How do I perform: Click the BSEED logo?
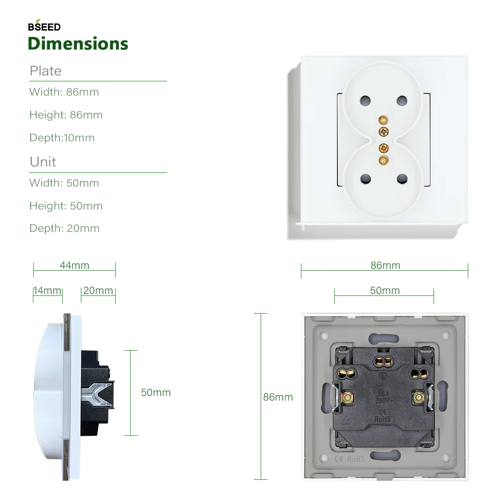coord(44,27)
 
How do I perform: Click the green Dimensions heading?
coord(78,43)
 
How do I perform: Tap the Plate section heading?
coord(45,71)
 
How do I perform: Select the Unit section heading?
coord(43,162)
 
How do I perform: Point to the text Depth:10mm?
coord(62,138)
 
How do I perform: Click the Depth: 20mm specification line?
coord(64,228)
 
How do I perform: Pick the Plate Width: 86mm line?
coord(64,92)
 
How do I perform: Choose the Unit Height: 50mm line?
coord(66,206)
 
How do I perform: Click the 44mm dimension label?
coord(74,265)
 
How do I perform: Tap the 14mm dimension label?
coord(48,290)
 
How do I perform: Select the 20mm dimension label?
coord(98,290)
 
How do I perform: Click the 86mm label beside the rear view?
coord(278,397)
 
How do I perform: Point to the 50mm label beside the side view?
coord(155,392)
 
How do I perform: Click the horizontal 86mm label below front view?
coord(385,265)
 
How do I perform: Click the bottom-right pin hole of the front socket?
coord(402,179)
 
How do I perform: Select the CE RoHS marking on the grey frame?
coord(350,459)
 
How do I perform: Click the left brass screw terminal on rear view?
coord(348,398)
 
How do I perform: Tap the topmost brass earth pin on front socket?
coord(383,120)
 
